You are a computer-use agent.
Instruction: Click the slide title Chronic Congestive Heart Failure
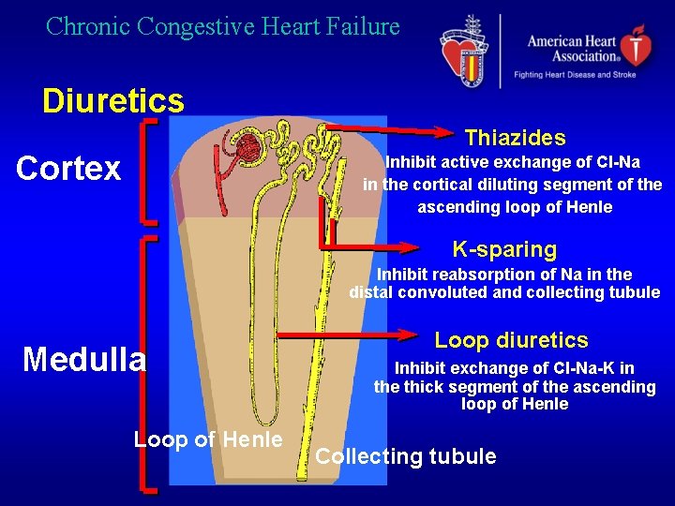pos(223,26)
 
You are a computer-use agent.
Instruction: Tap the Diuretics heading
pos(112,100)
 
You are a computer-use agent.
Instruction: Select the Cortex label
pos(68,169)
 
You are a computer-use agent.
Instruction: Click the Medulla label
pos(84,359)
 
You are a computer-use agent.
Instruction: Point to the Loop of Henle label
pos(208,439)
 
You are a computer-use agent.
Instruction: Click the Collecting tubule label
pos(406,457)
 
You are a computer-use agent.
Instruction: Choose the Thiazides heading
pos(515,139)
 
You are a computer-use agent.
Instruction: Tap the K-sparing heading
pos(504,249)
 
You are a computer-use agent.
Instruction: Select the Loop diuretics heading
pos(511,340)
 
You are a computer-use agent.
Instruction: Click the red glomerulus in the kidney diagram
pos(248,145)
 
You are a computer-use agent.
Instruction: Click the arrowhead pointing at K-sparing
pos(410,248)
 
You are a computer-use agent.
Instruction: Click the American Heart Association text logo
pos(573,47)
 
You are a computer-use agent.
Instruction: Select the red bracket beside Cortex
pos(146,171)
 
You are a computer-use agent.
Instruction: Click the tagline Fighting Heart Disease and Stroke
pos(574,74)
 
